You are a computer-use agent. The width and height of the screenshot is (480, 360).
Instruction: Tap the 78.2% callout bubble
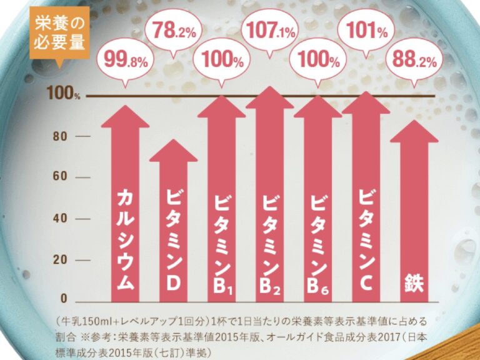pyautogui.click(x=173, y=31)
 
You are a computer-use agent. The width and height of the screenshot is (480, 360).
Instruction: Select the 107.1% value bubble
pyautogui.click(x=271, y=31)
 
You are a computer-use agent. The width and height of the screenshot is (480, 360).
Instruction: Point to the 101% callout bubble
pyautogui.click(x=367, y=31)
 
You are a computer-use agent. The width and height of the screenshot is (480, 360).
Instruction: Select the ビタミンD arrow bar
pyautogui.click(x=173, y=225)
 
